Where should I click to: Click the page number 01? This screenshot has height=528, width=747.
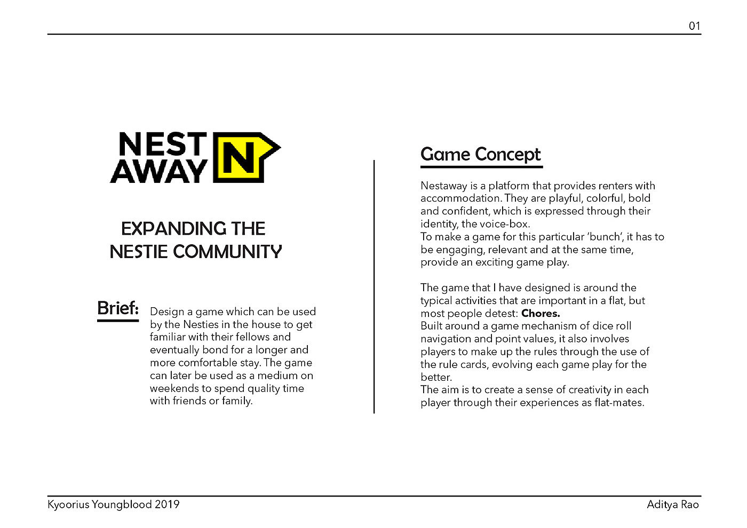coord(694,26)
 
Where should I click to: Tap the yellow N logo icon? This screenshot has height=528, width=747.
coord(243,157)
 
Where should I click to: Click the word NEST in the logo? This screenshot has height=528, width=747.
coord(162,145)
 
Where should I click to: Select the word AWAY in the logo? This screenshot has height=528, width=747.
coord(158,171)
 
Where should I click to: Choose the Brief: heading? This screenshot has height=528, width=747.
coord(118,308)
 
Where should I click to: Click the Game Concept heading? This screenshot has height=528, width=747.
coord(481,155)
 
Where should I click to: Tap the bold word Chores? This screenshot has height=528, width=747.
coord(541,314)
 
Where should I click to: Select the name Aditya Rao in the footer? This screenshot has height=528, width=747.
coord(672,505)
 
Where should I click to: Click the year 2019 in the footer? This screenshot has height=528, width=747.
coord(167,505)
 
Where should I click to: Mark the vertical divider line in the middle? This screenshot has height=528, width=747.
coord(374,286)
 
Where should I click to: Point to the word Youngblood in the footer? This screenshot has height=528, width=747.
coord(122,505)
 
